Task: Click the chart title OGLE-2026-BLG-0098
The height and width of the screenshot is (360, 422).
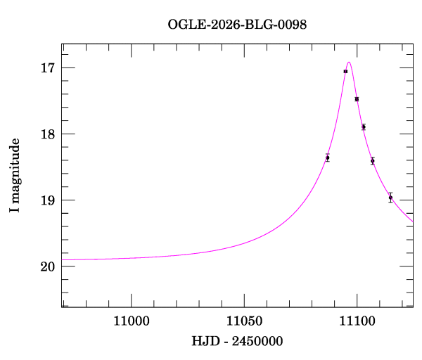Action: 237,25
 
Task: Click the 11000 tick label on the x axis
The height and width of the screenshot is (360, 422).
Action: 132,322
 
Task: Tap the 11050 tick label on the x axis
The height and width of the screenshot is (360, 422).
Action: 244,322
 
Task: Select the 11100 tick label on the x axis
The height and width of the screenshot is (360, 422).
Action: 357,322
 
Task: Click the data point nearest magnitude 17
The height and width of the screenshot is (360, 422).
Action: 345,71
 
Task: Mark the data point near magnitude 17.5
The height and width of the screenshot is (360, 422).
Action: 357,99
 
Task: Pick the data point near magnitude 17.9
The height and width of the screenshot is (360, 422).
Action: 364,127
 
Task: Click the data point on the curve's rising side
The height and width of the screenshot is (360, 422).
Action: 328,157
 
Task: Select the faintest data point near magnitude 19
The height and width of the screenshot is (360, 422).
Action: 390,198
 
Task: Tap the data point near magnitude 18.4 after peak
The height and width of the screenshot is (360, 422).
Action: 373,161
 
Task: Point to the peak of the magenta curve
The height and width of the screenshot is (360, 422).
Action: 349,63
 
